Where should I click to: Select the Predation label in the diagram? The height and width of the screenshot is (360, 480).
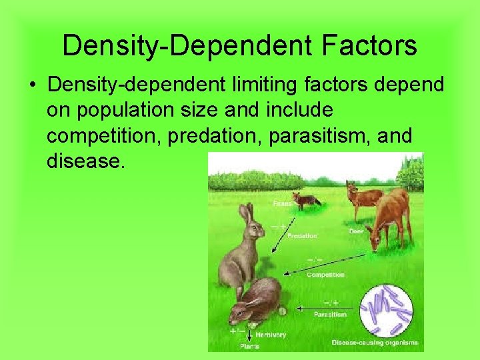tap(302, 235)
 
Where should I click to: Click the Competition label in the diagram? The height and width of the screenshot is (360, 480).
tap(325, 275)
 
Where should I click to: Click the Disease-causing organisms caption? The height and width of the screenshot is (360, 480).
tap(375, 343)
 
